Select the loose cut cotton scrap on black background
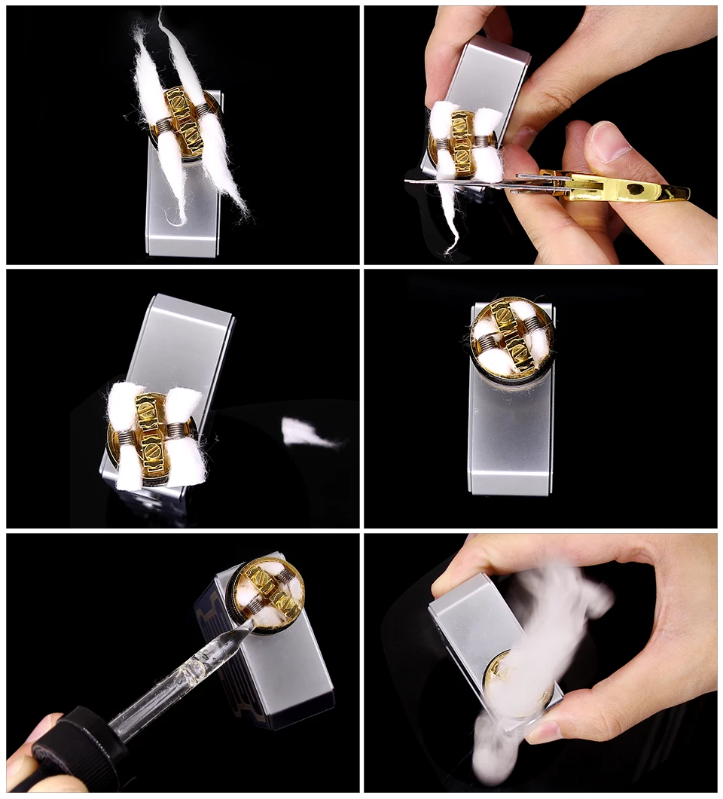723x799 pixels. pyautogui.click(x=305, y=434)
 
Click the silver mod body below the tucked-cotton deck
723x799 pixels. pyautogui.click(x=511, y=437)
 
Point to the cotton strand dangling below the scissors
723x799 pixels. pyautogui.click(x=450, y=218)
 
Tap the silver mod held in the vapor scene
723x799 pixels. pyautogui.click(x=471, y=625)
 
